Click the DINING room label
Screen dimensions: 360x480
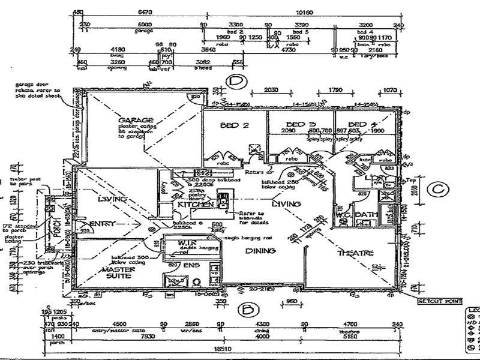[260, 251]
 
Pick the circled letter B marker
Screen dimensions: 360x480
[246, 310]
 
